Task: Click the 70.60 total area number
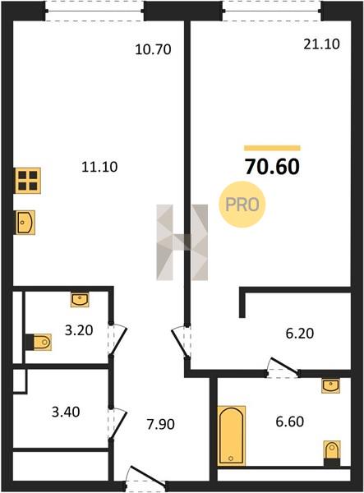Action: [272, 167]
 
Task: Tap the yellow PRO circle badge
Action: [242, 205]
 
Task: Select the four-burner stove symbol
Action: [28, 181]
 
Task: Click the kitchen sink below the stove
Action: [25, 223]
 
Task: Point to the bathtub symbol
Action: [232, 435]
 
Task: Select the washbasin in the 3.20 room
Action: [80, 299]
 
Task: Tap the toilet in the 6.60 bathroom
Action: [332, 453]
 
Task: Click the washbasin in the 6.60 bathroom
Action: [330, 385]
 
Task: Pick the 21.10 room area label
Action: [321, 44]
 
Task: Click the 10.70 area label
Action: [153, 49]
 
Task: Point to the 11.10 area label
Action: [99, 167]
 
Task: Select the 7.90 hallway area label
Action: [160, 424]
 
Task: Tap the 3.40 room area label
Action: [66, 412]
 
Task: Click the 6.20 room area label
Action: [300, 334]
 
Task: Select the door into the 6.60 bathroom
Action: [283, 367]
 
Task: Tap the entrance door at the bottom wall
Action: [145, 479]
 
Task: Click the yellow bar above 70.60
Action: [272, 148]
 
